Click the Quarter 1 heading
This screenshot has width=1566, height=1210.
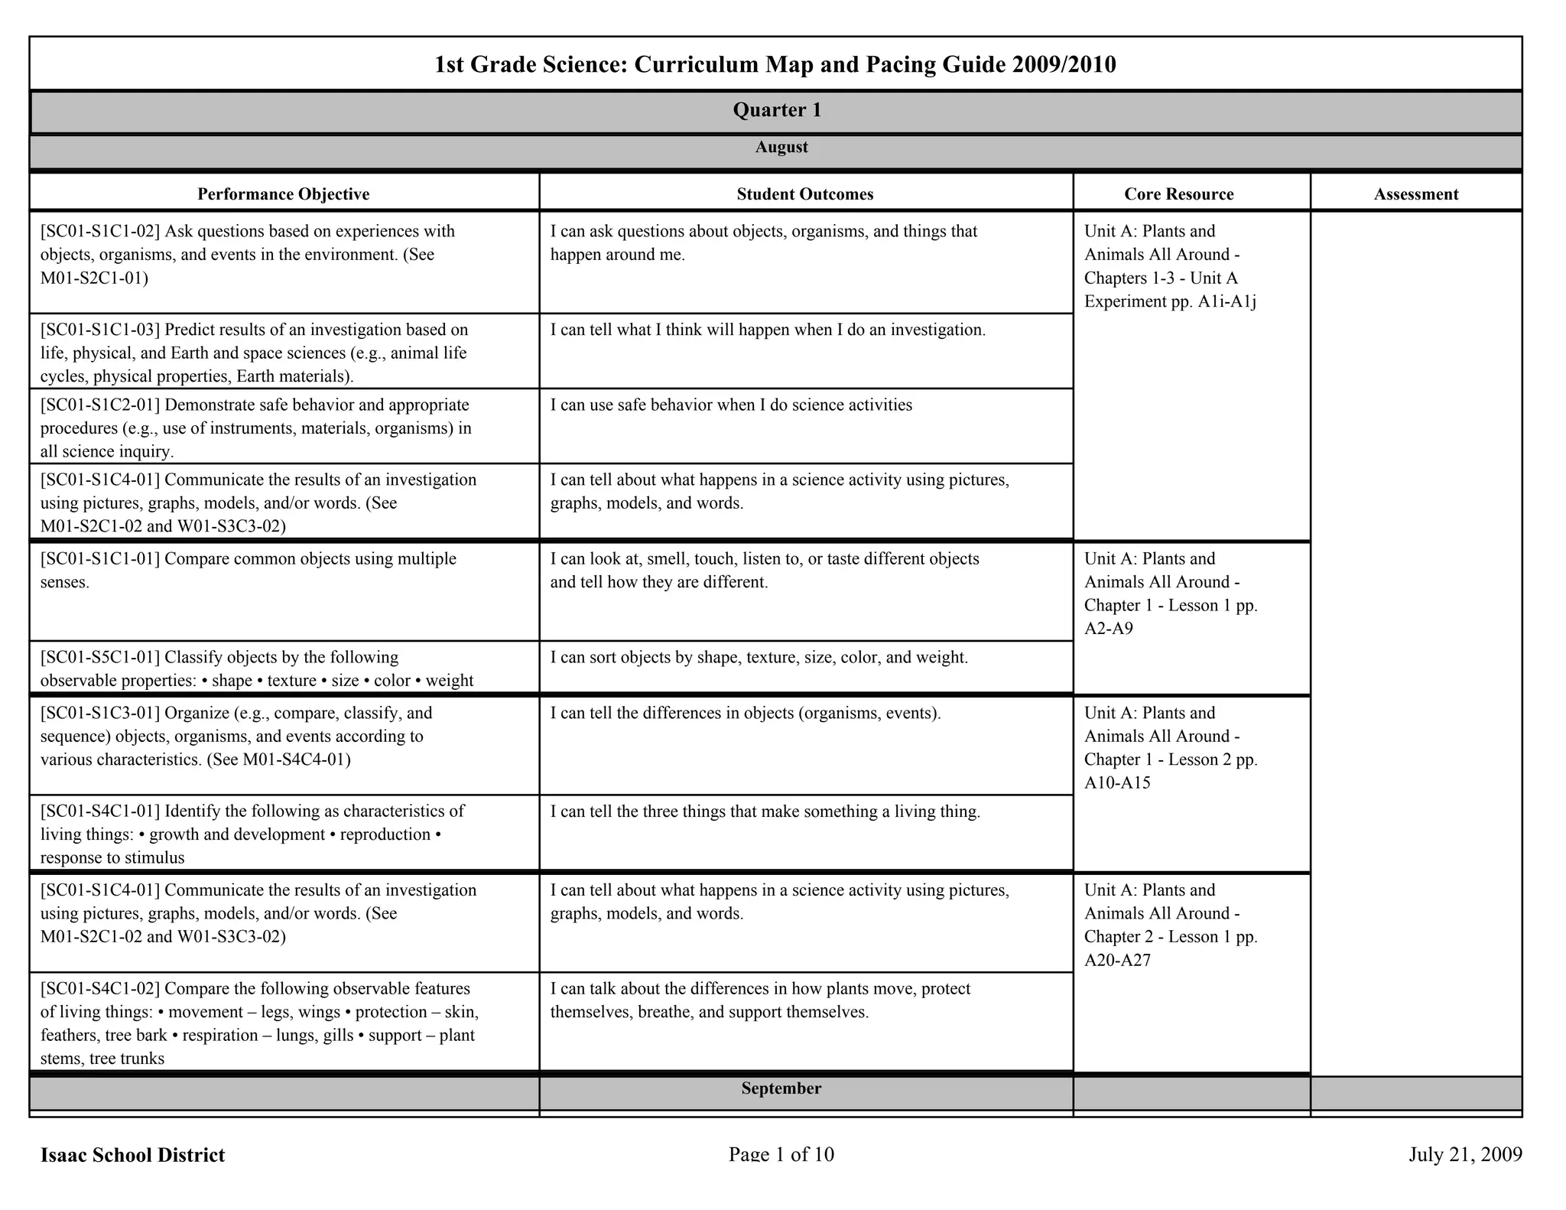coord(777,110)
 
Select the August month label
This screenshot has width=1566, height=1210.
coord(781,147)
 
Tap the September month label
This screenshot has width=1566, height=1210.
coord(781,1088)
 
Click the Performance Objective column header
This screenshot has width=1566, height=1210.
coord(283,194)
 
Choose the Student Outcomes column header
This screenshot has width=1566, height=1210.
coord(804,194)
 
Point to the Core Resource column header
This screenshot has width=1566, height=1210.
coord(1178,194)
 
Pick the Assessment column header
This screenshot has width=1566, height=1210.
coord(1415,194)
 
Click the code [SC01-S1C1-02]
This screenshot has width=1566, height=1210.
coord(100,231)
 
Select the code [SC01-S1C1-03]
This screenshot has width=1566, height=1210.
coord(100,330)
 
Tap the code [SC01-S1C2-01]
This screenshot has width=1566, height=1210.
coord(100,405)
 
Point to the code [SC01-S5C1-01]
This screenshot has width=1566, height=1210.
coord(100,657)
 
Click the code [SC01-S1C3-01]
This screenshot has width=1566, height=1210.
coord(100,713)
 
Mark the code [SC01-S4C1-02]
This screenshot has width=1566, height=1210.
coord(100,988)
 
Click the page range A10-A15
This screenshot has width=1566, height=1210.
coord(1117,782)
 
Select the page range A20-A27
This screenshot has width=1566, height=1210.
coord(1117,960)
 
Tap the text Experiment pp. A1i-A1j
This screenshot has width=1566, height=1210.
coord(1170,301)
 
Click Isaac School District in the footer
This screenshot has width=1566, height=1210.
coord(132,1155)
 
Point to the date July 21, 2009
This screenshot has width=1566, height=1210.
coord(1465,1154)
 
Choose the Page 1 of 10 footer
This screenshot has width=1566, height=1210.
coord(781,1154)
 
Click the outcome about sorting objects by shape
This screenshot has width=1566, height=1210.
coord(759,658)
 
